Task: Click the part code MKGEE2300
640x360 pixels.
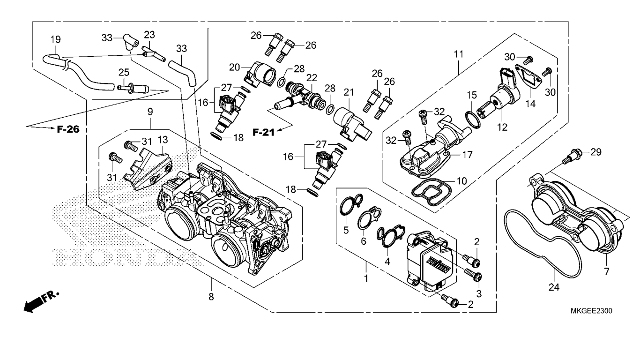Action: tap(591, 311)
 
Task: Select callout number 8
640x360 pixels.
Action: tap(211, 296)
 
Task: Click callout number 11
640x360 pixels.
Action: tap(458, 54)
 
